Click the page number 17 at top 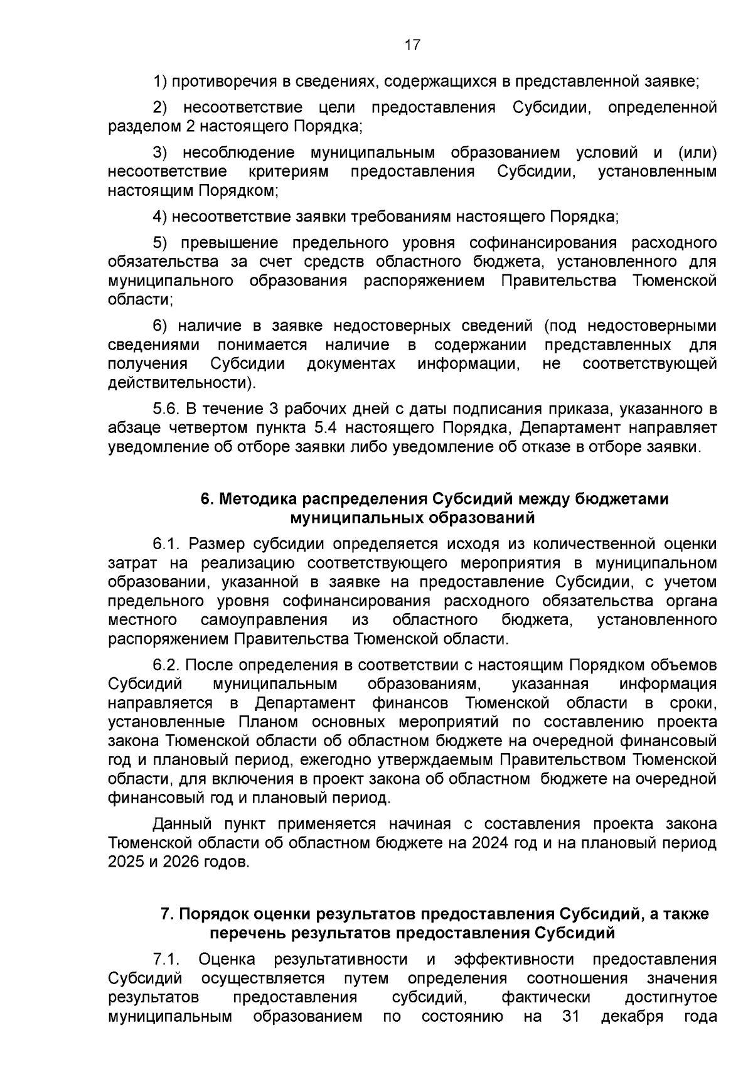(x=412, y=45)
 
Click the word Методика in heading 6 (x=257, y=499)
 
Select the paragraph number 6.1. (x=166, y=543)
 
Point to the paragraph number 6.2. (x=166, y=665)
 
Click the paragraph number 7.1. (x=166, y=959)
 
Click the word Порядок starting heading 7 (x=208, y=914)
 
